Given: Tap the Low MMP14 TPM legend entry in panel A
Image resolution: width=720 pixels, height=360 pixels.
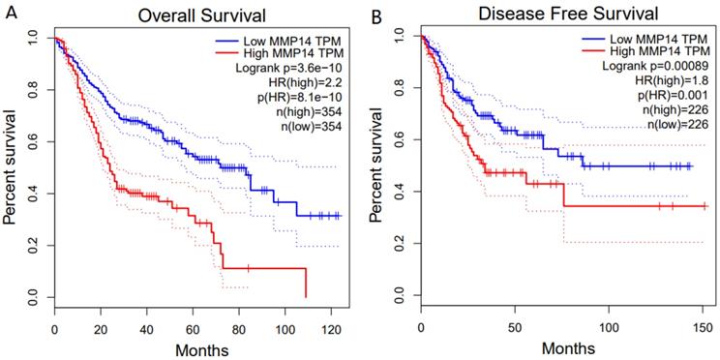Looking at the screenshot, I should pos(286,40).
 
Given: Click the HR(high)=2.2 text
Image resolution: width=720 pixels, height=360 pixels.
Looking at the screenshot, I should pos(307,83).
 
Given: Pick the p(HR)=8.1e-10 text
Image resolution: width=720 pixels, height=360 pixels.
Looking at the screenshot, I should pos(300,98).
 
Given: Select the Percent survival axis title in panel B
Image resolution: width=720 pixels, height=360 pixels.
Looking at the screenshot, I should pos(378,167).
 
